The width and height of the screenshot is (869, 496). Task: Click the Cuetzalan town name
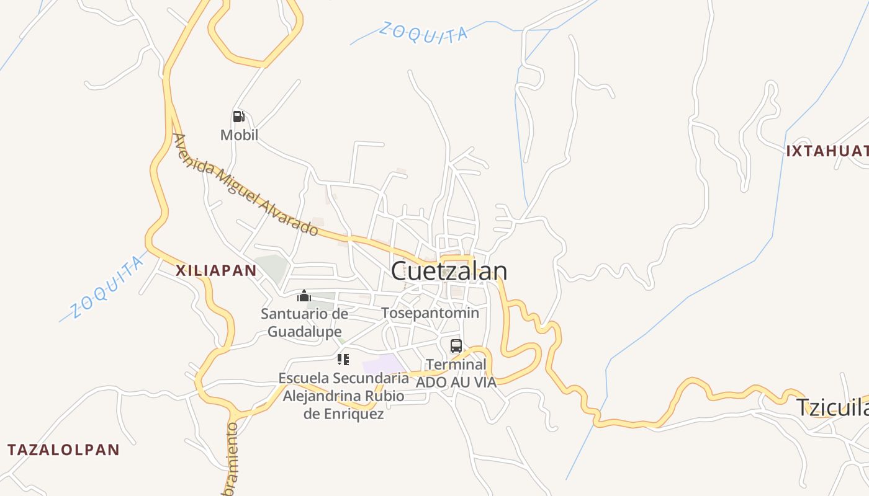(449, 271)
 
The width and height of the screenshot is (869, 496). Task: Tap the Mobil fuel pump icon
(238, 117)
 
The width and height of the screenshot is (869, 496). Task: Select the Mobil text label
(239, 135)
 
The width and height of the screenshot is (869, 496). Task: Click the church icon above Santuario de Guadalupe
(304, 296)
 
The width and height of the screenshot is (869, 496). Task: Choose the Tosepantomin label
(430, 313)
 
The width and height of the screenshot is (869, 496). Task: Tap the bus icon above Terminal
(456, 346)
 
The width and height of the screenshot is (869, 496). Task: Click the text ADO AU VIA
(456, 382)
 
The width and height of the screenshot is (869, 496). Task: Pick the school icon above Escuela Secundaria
(343, 360)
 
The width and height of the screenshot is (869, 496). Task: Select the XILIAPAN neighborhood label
(216, 270)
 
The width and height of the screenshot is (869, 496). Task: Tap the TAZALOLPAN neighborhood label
(63, 450)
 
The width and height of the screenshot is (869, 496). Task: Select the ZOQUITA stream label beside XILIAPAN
(106, 287)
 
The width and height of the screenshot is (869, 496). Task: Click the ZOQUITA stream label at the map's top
(423, 33)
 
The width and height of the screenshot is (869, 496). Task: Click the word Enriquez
(343, 414)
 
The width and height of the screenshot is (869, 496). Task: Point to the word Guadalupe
(304, 332)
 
